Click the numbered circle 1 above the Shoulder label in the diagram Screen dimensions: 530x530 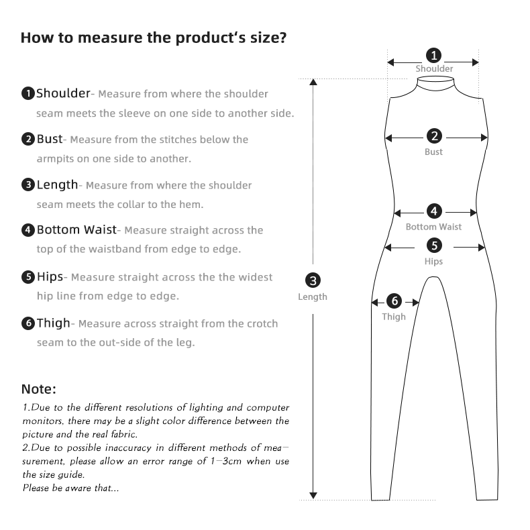(434, 55)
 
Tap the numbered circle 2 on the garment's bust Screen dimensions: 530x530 (434, 137)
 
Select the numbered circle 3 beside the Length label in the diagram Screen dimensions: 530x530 (313, 280)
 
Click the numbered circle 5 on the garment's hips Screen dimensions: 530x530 (434, 246)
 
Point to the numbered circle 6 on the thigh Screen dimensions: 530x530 (394, 301)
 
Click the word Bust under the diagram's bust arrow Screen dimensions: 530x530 (434, 152)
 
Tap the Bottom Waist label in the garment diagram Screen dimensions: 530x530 (433, 227)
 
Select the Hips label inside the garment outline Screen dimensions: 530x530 (434, 262)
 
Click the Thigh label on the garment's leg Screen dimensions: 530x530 (394, 317)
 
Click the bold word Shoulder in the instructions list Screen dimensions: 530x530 (63, 93)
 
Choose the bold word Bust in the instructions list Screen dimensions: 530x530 (49, 140)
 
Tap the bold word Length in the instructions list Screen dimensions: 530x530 (57, 184)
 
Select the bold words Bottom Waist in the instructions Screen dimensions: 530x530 (76, 230)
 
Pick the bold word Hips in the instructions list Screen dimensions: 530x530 (50, 276)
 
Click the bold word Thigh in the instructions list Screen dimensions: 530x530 (53, 323)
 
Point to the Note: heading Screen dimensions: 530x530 (39, 389)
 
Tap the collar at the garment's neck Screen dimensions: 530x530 (434, 83)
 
